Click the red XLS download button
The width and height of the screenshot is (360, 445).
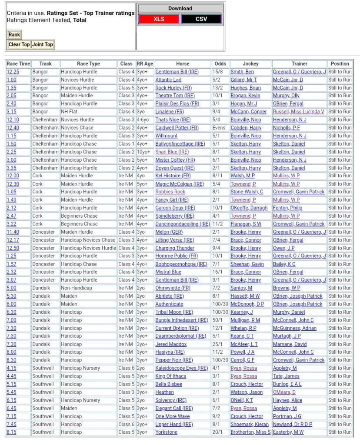159,19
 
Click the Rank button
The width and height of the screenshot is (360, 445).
14,35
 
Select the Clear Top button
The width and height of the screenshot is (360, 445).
19,44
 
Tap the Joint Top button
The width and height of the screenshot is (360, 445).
43,44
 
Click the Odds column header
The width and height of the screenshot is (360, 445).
220,63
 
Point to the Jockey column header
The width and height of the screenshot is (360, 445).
250,63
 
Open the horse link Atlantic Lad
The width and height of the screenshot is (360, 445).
168,80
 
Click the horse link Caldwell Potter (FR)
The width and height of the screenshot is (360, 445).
177,128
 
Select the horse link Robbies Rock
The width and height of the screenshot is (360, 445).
170,192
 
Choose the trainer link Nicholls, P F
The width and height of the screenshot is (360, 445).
287,128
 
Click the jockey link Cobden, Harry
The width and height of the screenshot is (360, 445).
246,128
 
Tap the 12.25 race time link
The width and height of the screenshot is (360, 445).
13,72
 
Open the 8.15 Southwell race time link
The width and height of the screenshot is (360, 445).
11,432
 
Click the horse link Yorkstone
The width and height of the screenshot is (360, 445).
166,432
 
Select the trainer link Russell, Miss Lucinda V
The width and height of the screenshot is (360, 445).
298,112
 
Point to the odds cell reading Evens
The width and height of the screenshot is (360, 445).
219,128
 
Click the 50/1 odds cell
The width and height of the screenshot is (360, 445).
217,320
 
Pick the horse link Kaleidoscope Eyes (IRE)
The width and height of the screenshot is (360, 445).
181,368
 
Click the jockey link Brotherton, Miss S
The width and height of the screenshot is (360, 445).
250,432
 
